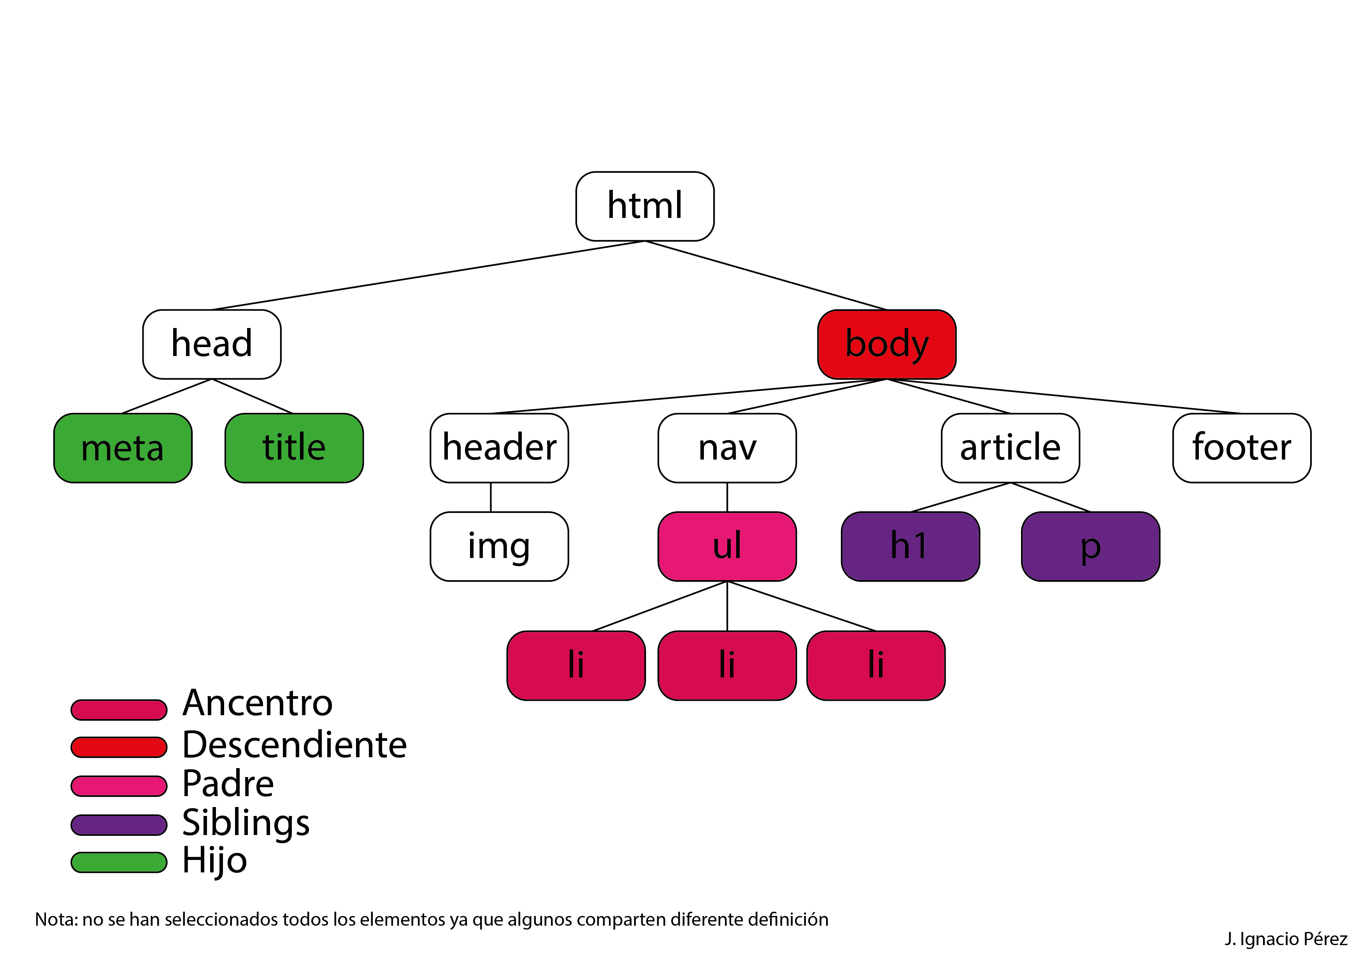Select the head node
coord(212,344)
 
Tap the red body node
coord(886,344)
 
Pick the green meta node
coord(123,448)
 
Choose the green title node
coord(294,448)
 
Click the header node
coord(499,448)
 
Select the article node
coord(1010,448)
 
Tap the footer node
coord(1241,448)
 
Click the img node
coord(499,546)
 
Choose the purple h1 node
coord(910,546)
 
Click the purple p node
coord(1090,546)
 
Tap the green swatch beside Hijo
coord(119,862)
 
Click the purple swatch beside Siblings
coord(119,825)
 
